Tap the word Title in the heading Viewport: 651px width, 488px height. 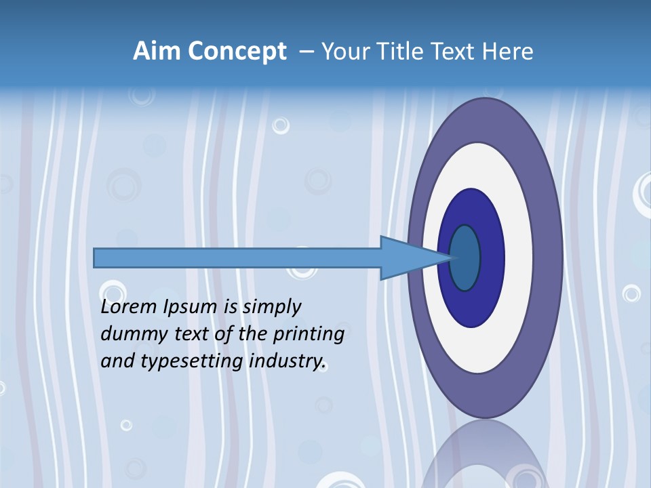pos(408,52)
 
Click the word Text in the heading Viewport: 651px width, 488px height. pos(458,52)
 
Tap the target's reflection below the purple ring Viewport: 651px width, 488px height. pos(485,454)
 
